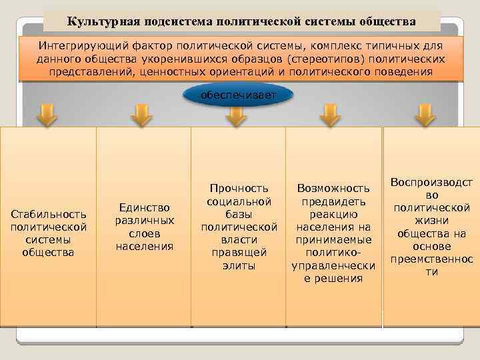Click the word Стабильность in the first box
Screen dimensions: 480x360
click(49, 214)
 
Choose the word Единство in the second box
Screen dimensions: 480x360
click(144, 208)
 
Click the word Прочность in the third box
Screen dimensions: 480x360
click(239, 189)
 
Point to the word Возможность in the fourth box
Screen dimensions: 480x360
click(333, 189)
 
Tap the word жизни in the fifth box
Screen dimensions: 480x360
click(431, 221)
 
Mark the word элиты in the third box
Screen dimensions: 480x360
click(239, 265)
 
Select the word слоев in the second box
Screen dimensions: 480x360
click(144, 233)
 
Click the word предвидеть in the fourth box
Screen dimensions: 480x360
click(333, 201)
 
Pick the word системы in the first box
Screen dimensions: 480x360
click(49, 239)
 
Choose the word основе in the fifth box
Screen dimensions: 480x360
click(431, 246)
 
